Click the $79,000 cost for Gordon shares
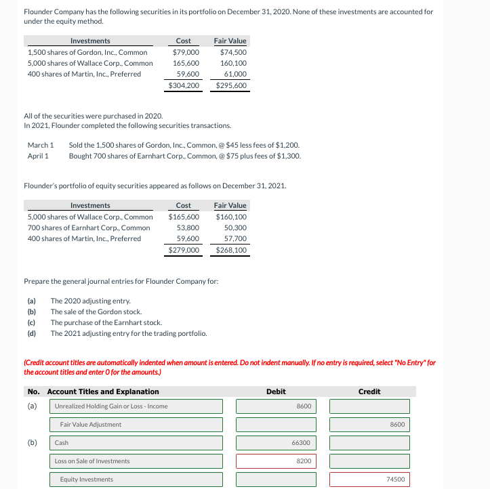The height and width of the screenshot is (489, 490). tap(186, 52)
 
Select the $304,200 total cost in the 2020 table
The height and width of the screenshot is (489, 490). tap(184, 85)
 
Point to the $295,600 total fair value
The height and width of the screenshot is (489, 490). tap(230, 85)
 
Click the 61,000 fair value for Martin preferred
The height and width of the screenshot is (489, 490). tap(234, 74)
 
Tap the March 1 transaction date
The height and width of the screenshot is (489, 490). tap(40, 145)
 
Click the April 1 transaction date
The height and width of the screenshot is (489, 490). tap(38, 156)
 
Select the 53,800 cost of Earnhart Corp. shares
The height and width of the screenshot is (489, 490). tap(188, 228)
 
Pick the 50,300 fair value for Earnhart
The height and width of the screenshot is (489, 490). tap(234, 228)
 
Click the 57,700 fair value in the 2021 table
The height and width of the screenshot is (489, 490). tap(234, 238)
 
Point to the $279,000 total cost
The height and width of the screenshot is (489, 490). tap(184, 250)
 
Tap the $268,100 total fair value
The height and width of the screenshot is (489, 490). tap(230, 250)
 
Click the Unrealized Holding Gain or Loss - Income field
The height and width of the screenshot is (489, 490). tap(136, 406)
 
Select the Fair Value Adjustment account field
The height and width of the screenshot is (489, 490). tap(136, 425)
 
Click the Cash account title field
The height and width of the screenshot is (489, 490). tap(136, 443)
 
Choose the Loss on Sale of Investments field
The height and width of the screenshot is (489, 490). tap(136, 461)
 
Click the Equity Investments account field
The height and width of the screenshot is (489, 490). tap(136, 480)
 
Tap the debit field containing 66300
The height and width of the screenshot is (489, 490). tap(276, 443)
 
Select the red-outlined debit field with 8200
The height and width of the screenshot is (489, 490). tap(276, 461)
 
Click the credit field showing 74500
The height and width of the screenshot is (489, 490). tap(369, 480)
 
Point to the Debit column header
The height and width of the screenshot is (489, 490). tap(276, 391)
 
